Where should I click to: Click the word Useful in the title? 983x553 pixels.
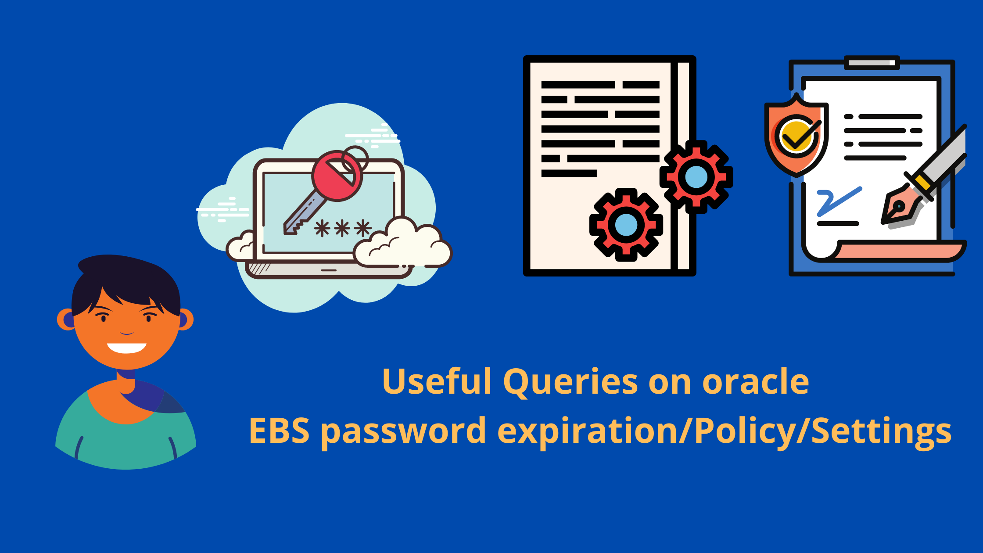(437, 381)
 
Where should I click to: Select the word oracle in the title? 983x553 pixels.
(755, 381)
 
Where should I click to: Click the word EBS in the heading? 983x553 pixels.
(279, 430)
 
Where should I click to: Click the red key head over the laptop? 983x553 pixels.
(337, 176)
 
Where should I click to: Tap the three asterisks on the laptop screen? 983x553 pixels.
(343, 228)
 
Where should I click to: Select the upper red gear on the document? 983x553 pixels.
(696, 177)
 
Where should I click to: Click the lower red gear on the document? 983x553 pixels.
(626, 225)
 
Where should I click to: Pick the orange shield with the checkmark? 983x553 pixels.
(796, 136)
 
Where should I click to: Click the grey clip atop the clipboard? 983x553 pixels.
(872, 63)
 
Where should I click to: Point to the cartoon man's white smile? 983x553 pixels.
(126, 348)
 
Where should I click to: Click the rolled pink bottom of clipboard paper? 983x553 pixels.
(900, 251)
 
